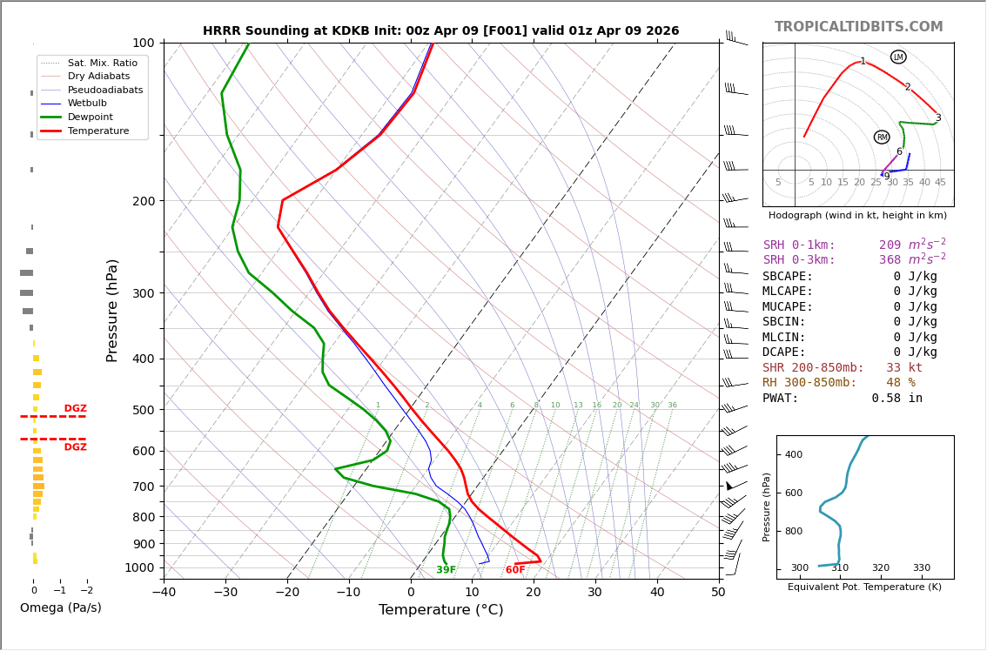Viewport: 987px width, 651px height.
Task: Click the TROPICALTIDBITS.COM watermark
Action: click(x=858, y=27)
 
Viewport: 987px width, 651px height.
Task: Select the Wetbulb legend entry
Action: click(x=90, y=104)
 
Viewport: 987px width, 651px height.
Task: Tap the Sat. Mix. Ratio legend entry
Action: click(x=102, y=63)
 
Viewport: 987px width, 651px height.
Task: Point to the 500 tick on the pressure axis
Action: click(x=143, y=410)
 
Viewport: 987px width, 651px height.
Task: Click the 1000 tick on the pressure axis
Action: click(x=139, y=567)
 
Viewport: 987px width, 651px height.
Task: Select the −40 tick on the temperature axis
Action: click(x=164, y=593)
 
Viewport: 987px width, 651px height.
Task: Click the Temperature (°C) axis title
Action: click(x=440, y=610)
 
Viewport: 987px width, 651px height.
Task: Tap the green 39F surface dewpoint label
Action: click(x=446, y=570)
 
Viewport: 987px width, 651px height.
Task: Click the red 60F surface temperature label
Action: click(x=515, y=570)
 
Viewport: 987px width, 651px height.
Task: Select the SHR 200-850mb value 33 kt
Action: click(x=903, y=368)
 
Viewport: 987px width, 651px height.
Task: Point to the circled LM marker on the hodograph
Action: click(x=898, y=57)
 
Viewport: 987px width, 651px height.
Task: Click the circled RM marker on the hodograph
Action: click(x=882, y=137)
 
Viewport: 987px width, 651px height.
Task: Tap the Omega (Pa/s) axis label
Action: click(x=60, y=607)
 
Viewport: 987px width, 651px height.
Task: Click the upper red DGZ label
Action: click(x=75, y=409)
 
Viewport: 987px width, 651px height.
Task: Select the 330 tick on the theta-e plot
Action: click(x=921, y=568)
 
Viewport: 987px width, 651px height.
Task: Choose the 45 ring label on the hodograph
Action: click(x=940, y=182)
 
